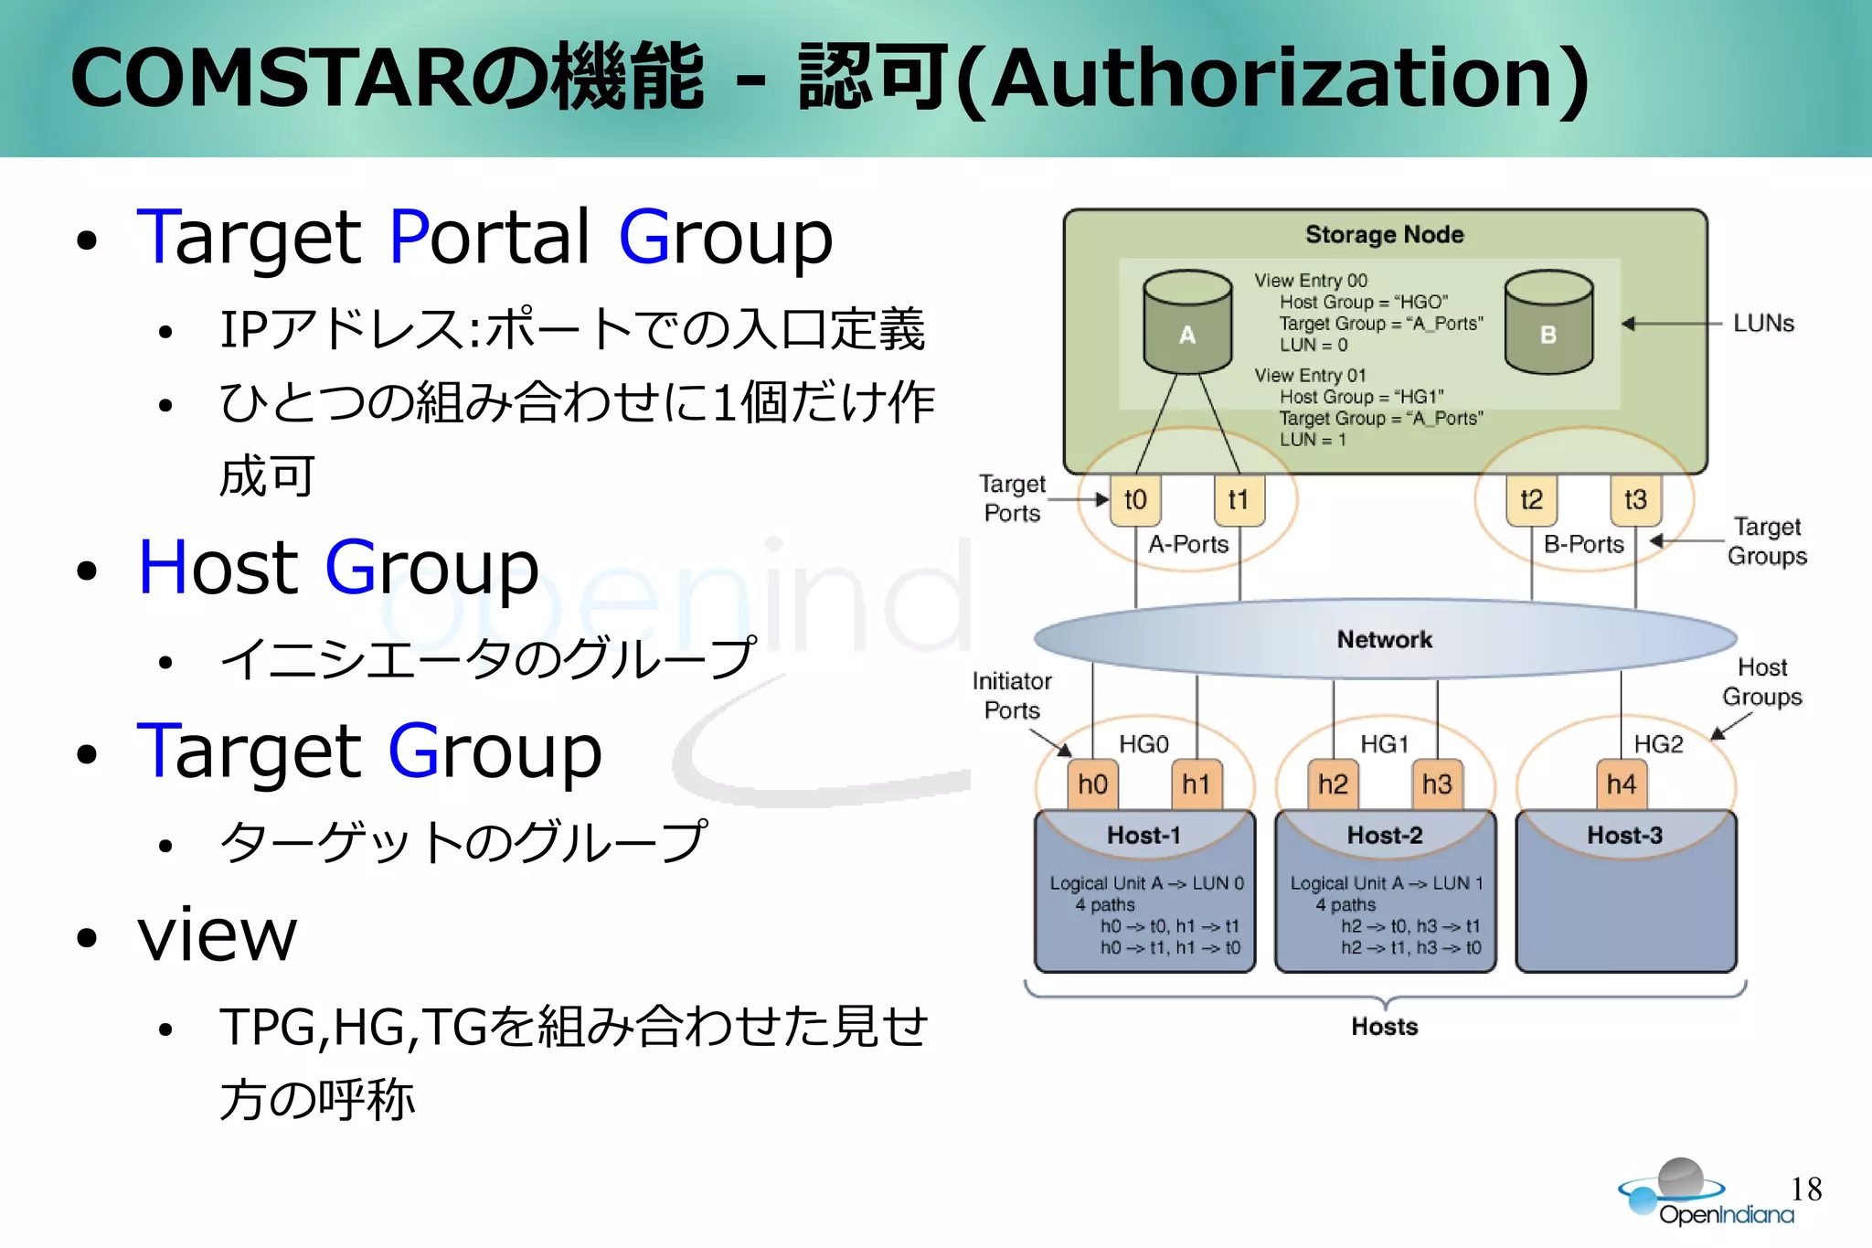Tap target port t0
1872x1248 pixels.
pos(1135,500)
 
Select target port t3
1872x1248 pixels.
pos(1635,500)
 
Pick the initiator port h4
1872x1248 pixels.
pos(1622,784)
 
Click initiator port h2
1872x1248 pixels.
pos(1333,784)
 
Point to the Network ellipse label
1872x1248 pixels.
pos(1384,640)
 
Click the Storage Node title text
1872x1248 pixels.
pos(1384,235)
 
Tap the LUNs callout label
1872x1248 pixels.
pos(1763,324)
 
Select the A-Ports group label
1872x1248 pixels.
pos(1188,545)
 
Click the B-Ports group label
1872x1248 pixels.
pos(1583,545)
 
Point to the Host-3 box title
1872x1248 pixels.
pos(1624,836)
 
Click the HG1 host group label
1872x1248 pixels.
pos(1384,744)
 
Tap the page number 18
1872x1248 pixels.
pos(1806,1189)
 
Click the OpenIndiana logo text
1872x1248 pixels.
pos(1726,1215)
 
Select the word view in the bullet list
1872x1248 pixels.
pos(217,936)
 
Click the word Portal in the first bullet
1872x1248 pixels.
pos(489,238)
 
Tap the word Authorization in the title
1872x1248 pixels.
pos(1271,80)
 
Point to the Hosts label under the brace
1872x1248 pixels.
pos(1384,1027)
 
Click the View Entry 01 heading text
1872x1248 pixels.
pos(1309,376)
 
